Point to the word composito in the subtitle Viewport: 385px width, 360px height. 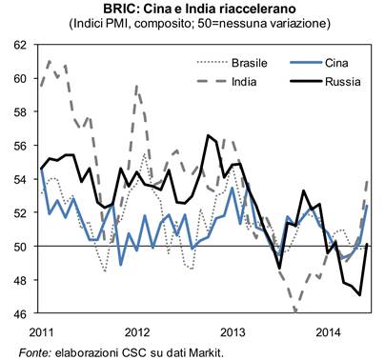pyautogui.click(x=161, y=24)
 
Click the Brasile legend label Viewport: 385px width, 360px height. pyautogui.click(x=250, y=63)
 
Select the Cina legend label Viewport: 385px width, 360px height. pyautogui.click(x=336, y=63)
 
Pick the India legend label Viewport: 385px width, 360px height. pyautogui.click(x=244, y=82)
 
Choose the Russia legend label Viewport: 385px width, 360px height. pyautogui.click(x=343, y=82)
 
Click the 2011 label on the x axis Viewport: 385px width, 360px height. pyautogui.click(x=41, y=332)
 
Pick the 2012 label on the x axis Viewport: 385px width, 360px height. pyautogui.click(x=137, y=332)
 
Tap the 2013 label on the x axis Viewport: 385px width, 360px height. pyautogui.click(x=233, y=332)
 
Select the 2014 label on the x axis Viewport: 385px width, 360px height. pyautogui.click(x=329, y=332)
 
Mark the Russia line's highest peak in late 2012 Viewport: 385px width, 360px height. pyautogui.click(x=209, y=135)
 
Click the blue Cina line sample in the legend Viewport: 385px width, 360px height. pyautogui.click(x=306, y=63)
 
